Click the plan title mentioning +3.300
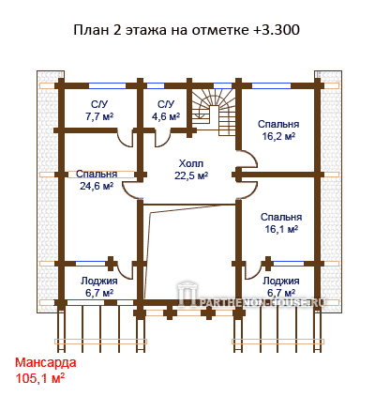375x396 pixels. tap(187, 30)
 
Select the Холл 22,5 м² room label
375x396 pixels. tap(191, 170)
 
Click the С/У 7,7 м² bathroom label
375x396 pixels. tap(99, 111)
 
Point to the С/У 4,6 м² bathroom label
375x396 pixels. tap(166, 111)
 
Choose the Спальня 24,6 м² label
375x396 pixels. tap(97, 180)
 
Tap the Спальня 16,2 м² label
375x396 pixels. tap(278, 130)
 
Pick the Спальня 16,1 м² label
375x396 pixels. tap(281, 223)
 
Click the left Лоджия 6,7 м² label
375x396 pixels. tap(99, 287)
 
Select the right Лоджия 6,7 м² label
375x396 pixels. tap(280, 287)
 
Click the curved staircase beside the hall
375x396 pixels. tap(213, 112)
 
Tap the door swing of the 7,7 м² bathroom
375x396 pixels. tap(126, 140)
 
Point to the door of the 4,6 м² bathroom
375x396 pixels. tap(162, 140)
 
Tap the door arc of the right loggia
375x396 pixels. tap(252, 273)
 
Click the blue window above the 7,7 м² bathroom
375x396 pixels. tap(108, 85)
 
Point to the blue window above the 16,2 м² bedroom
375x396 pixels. tap(271, 85)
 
